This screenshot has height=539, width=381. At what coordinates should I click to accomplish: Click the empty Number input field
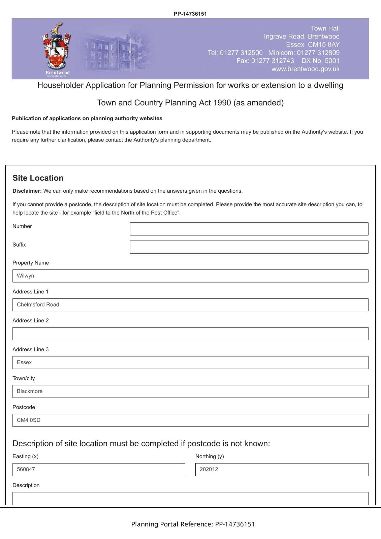coord(249,229)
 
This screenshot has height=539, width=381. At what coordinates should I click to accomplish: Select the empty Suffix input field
coord(249,247)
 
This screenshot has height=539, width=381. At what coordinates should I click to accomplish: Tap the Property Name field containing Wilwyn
coord(190,276)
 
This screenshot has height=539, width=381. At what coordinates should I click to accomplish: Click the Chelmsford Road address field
coord(190,305)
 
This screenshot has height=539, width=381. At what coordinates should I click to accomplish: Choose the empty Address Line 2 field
coord(190,334)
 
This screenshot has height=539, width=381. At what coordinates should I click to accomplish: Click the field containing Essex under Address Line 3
coord(190,363)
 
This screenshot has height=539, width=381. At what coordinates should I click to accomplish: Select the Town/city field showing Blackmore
coord(190,391)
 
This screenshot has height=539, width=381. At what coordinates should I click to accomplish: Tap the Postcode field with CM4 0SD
coord(190,420)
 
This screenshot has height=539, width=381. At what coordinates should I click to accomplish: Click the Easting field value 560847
coord(99,470)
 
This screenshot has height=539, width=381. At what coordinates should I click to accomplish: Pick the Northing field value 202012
coord(282,470)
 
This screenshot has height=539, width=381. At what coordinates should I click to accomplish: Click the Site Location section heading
coord(38,178)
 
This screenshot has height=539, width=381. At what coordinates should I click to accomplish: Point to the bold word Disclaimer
coord(27,191)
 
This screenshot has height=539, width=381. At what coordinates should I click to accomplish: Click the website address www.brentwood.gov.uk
coord(305,69)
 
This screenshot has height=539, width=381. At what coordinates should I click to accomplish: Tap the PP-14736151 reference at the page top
coord(190,14)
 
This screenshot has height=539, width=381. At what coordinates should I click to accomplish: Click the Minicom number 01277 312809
coord(318,53)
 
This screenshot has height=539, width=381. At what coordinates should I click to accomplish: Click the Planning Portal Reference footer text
coord(193,524)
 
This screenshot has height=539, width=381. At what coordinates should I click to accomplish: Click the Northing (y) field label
coord(210,456)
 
